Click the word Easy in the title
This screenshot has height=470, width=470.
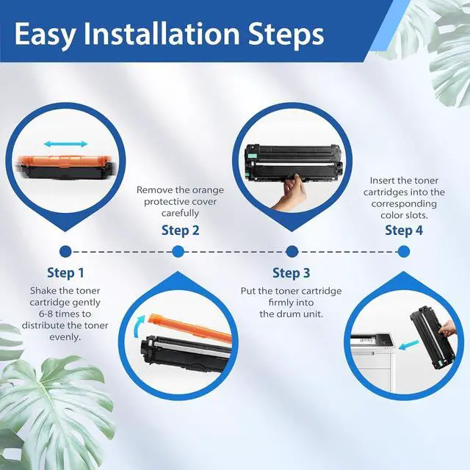(44, 35)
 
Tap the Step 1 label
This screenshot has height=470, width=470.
(65, 273)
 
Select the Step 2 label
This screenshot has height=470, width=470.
(180, 231)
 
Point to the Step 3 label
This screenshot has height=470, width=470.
(291, 273)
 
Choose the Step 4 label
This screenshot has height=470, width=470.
(404, 231)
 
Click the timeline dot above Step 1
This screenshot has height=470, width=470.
(65, 252)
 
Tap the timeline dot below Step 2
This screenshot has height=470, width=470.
(178, 252)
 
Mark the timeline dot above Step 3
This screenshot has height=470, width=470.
(292, 252)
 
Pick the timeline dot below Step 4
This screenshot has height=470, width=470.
(404, 252)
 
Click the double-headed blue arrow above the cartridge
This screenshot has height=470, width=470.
(65, 144)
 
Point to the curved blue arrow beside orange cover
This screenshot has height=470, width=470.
(139, 326)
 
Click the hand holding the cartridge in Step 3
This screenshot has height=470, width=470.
(290, 191)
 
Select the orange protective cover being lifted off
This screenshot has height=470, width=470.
(190, 328)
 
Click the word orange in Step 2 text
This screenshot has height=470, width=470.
(208, 190)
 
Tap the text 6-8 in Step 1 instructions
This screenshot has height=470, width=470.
(46, 314)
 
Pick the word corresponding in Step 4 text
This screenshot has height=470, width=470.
(404, 204)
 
